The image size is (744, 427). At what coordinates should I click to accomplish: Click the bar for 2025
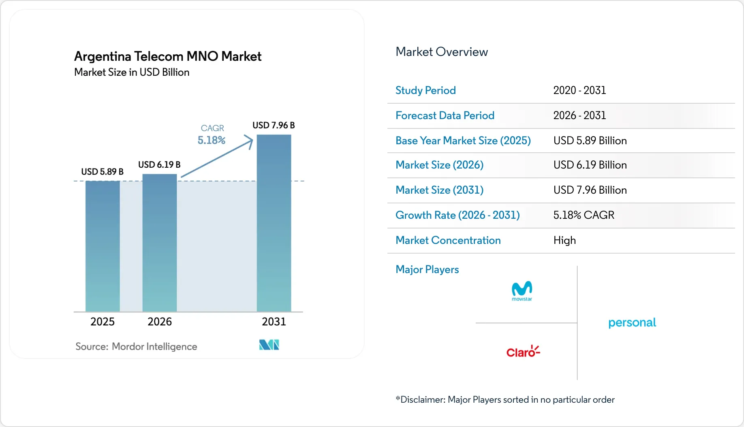(103, 246)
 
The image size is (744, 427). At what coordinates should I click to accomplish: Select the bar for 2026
(160, 243)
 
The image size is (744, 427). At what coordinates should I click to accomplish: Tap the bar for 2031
(274, 223)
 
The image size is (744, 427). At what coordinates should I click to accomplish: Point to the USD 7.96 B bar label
(274, 125)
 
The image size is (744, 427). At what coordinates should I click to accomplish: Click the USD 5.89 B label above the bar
(102, 172)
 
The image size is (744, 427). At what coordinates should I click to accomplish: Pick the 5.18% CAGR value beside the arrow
(211, 140)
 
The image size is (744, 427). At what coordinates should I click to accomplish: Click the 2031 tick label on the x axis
(274, 322)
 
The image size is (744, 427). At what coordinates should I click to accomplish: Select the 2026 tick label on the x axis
(160, 322)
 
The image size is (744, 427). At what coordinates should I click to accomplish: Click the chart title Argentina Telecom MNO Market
(168, 56)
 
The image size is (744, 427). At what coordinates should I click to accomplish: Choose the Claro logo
(523, 352)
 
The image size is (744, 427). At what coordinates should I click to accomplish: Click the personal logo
(632, 322)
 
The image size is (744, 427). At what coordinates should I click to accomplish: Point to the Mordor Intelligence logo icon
(269, 345)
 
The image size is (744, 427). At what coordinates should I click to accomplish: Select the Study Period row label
(425, 90)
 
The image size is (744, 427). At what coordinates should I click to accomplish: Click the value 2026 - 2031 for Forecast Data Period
(579, 115)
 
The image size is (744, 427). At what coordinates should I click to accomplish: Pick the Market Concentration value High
(564, 240)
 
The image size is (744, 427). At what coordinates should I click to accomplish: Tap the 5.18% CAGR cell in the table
(584, 215)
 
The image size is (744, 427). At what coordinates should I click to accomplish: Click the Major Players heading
(427, 269)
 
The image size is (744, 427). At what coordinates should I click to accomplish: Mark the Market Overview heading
(442, 52)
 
